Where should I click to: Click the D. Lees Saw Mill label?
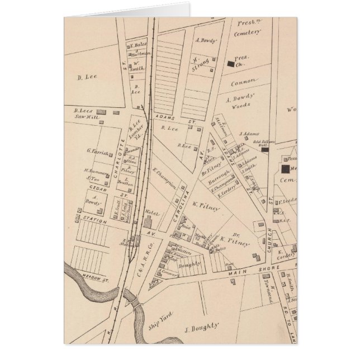tap(87, 115)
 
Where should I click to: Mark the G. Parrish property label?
tap(97, 151)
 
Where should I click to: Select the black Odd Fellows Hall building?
tap(266, 149)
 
